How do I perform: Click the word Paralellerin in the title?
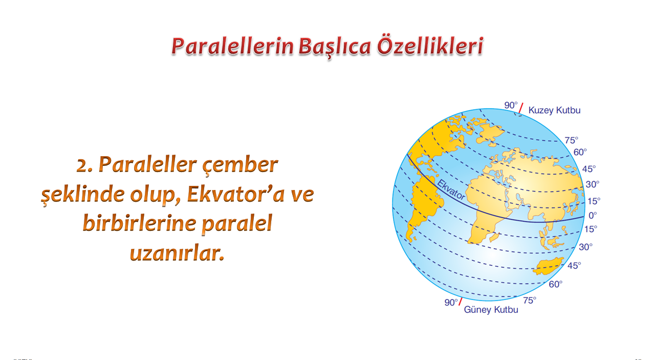point(232,46)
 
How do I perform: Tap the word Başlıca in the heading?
point(335,47)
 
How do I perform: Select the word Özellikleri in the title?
point(430,46)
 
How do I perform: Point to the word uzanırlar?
point(177,253)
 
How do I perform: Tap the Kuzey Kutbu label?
point(554,110)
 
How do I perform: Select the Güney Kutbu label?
point(491,310)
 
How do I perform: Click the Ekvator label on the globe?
point(451,189)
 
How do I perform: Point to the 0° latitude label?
point(593,216)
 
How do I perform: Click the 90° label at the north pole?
point(511,105)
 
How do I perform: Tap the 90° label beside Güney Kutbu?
point(451,302)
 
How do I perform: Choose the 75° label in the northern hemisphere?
point(572,140)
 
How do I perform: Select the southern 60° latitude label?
point(556,284)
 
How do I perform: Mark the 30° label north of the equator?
point(593,184)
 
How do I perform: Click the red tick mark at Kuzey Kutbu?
point(521,108)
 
